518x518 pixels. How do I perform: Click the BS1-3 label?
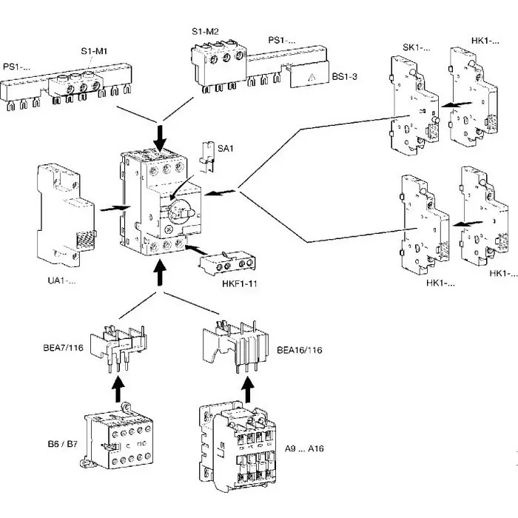pyautogui.click(x=346, y=75)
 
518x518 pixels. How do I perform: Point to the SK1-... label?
pyautogui.click(x=415, y=47)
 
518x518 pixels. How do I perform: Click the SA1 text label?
pyautogui.click(x=226, y=149)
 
